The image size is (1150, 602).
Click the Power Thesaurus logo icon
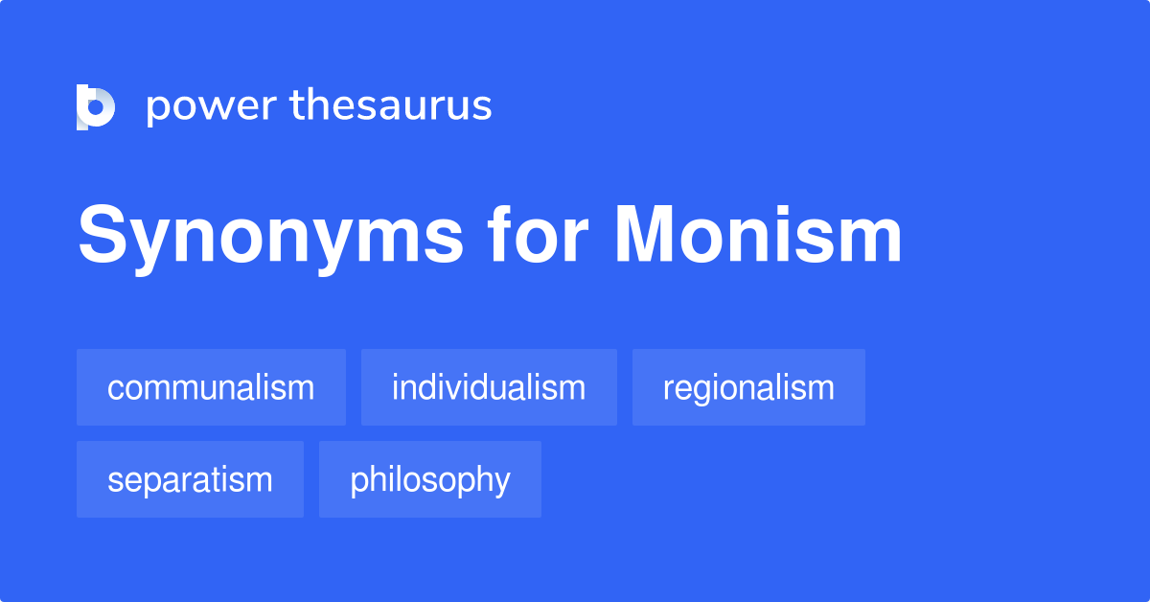96,106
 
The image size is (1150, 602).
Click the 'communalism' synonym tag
211,388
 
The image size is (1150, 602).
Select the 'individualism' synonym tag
489,388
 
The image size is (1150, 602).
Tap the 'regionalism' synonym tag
748,388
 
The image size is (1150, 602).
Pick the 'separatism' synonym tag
190,479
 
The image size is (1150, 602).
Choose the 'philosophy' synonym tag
430,479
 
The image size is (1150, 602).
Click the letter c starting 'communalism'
114,389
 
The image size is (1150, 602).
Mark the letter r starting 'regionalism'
667,389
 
